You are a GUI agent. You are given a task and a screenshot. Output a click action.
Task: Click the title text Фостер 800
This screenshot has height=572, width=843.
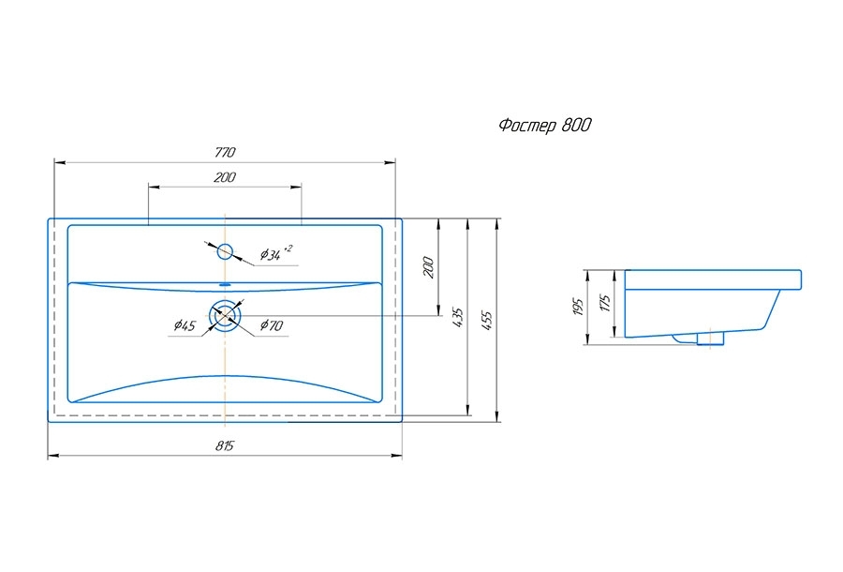pos(544,126)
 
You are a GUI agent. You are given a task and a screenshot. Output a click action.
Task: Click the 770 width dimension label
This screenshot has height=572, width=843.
pos(225,152)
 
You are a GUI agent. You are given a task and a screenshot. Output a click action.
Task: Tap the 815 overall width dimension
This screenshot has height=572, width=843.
pos(225,446)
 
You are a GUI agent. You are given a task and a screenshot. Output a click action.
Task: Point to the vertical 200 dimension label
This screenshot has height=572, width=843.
pos(428,267)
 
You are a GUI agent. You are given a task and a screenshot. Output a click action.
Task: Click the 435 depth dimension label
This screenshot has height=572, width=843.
pos(457,318)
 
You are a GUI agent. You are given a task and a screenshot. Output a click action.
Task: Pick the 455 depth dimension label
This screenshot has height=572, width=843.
pos(486,321)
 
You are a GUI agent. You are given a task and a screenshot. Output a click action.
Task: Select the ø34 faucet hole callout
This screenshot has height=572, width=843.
pos(276,253)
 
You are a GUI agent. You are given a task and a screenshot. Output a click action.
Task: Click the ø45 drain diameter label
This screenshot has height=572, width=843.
pos(185,325)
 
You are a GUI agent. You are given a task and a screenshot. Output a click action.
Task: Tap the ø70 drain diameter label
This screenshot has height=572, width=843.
pos(272,325)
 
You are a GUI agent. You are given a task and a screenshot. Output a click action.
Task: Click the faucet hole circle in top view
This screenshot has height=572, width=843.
pos(225,251)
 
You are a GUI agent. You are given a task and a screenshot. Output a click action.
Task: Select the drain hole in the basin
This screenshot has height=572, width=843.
pos(226,316)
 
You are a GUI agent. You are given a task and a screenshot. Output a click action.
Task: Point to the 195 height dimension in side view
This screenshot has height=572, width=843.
pos(578,307)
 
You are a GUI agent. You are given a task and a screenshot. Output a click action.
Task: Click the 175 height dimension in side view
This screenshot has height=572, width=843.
pos(606,304)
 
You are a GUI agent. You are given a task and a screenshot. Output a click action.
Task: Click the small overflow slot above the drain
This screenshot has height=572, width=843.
pos(225,283)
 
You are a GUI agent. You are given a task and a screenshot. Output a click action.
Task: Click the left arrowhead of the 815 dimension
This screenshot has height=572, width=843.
pos(52,456)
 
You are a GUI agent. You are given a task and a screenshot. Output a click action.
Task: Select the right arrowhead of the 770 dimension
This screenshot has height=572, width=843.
pos(391,162)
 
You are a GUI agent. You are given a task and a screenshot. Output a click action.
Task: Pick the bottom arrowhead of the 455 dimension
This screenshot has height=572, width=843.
pos(496,416)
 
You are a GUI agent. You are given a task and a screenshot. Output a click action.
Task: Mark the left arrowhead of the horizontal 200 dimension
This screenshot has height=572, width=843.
pos(154,187)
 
